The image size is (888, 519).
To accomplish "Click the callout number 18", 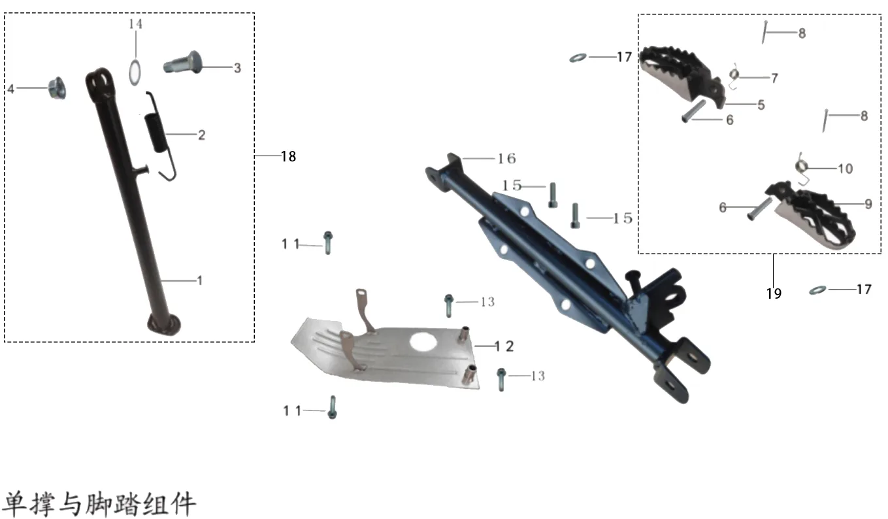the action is [289, 156].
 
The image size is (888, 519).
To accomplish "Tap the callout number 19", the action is [774, 293].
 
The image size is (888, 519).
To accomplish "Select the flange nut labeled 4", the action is [57, 88].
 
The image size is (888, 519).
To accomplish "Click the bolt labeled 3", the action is [183, 63].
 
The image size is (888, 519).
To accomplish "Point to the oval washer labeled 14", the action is [135, 73].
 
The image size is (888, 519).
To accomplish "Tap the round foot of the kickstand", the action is [164, 324].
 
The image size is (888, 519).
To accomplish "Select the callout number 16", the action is [506, 159].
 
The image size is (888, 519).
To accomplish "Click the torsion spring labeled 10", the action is [802, 168].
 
